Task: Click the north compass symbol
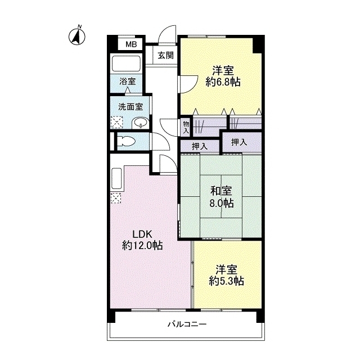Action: pyautogui.click(x=77, y=36)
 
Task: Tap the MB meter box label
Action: pyautogui.click(x=131, y=44)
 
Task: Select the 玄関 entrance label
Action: pyautogui.click(x=165, y=55)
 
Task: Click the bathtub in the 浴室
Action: pyautogui.click(x=126, y=64)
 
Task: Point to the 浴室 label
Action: pyautogui.click(x=128, y=81)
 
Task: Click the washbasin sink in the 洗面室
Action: pyautogui.click(x=140, y=123)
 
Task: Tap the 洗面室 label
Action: pyautogui.click(x=130, y=107)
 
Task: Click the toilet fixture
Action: pyautogui.click(x=125, y=140)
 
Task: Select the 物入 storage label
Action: pyautogui.click(x=186, y=127)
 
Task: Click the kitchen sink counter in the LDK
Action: pyautogui.click(x=116, y=179)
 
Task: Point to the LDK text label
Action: pyautogui.click(x=142, y=235)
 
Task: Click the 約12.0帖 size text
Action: pyautogui.click(x=142, y=246)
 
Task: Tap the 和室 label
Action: pyautogui.click(x=221, y=191)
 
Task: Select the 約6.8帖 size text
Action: pyautogui.click(x=223, y=82)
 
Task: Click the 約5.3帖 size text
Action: pyautogui.click(x=226, y=281)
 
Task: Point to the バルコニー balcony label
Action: pyautogui.click(x=187, y=324)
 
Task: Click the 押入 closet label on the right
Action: pyautogui.click(x=239, y=142)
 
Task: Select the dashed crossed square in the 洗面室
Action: pyautogui.click(x=116, y=123)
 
